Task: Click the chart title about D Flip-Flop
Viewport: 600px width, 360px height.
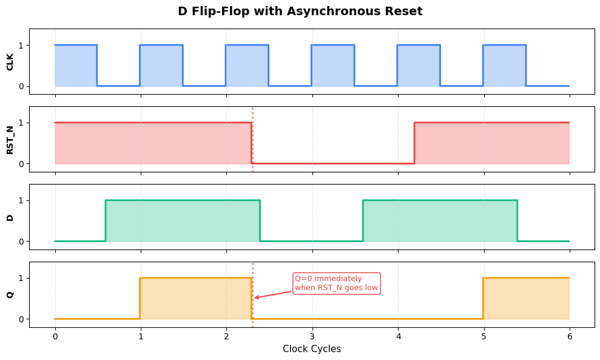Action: pyautogui.click(x=300, y=12)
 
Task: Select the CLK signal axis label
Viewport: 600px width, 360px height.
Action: pyautogui.click(x=10, y=61)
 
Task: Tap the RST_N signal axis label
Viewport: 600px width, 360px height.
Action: pyautogui.click(x=10, y=139)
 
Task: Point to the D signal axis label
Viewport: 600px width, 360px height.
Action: pyautogui.click(x=10, y=217)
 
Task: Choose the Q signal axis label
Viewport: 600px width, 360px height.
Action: pyautogui.click(x=10, y=294)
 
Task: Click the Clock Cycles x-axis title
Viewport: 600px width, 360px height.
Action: pyautogui.click(x=312, y=349)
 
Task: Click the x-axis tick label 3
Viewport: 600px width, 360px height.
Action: pyautogui.click(x=312, y=335)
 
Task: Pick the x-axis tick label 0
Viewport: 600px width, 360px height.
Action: pyautogui.click(x=55, y=335)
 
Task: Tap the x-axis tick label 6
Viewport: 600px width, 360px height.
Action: pyautogui.click(x=569, y=335)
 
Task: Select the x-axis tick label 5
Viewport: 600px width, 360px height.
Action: pyautogui.click(x=484, y=335)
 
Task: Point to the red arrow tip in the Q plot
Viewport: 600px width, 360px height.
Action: pyautogui.click(x=255, y=298)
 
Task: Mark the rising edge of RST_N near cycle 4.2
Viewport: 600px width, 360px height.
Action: pyautogui.click(x=414, y=143)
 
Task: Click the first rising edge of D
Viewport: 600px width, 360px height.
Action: pyautogui.click(x=106, y=220)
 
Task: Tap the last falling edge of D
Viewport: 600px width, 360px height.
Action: pyautogui.click(x=517, y=220)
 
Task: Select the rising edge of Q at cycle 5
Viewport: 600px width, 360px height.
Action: pyautogui.click(x=483, y=298)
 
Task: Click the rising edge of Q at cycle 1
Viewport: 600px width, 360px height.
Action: pyautogui.click(x=140, y=298)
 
